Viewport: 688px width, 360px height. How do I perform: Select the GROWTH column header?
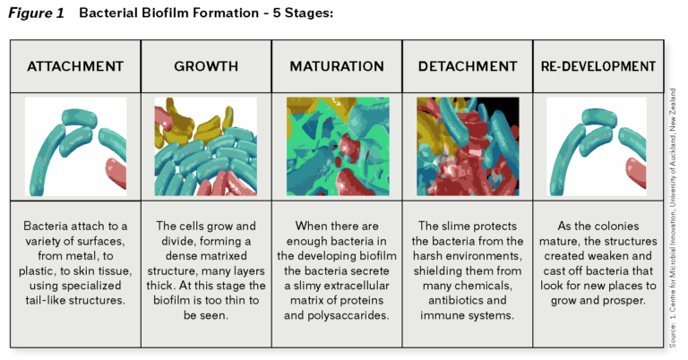pyautogui.click(x=206, y=67)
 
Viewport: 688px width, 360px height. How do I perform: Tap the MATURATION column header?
pyautogui.click(x=337, y=67)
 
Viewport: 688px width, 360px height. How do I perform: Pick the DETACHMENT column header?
pyautogui.click(x=468, y=67)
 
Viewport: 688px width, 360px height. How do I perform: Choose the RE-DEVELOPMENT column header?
pyautogui.click(x=598, y=67)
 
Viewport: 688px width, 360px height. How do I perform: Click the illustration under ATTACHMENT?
pyautogui.click(x=75, y=147)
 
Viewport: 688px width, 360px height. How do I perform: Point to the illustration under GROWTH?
pyautogui.click(x=206, y=147)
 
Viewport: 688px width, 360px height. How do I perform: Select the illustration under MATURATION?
pyautogui.click(x=337, y=147)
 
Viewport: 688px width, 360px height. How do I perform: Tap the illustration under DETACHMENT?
pyautogui.click(x=468, y=147)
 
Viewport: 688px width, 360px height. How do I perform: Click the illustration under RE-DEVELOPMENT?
pyautogui.click(x=598, y=147)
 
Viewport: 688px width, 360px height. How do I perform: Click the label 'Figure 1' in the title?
pyautogui.click(x=36, y=13)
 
